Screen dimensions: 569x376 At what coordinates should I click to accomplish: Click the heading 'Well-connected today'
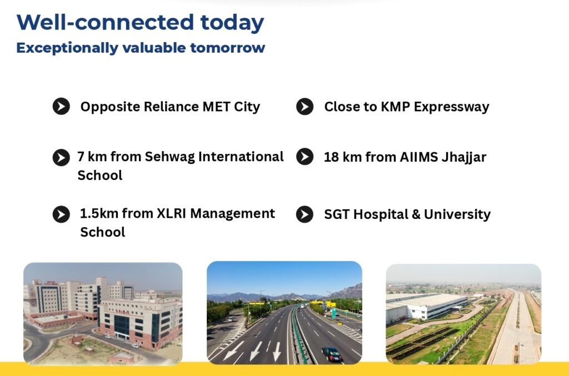pos(140,23)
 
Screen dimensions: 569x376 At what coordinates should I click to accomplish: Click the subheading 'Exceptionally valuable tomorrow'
pos(141,48)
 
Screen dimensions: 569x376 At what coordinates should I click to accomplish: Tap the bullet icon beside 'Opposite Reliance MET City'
pos(61,107)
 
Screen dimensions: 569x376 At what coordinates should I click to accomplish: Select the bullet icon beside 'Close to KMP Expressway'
pos(305,107)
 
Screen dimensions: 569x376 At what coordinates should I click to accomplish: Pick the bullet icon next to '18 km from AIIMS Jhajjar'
pos(305,157)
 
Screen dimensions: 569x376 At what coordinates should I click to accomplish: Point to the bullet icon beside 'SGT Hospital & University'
pos(305,214)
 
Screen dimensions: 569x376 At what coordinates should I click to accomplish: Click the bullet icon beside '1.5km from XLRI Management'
pos(61,214)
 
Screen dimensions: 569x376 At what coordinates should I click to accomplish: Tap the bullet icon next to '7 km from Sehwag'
pos(61,158)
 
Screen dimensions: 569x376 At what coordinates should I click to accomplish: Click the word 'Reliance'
pos(171,107)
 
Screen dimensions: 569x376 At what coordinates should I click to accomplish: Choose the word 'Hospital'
pos(381,214)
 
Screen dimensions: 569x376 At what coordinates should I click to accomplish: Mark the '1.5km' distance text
pos(99,213)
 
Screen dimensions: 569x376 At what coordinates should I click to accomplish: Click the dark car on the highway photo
pos(332,354)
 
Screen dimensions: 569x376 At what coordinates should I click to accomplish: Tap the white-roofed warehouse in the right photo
pos(426,307)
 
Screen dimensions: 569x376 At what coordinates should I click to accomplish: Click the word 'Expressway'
pos(451,107)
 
